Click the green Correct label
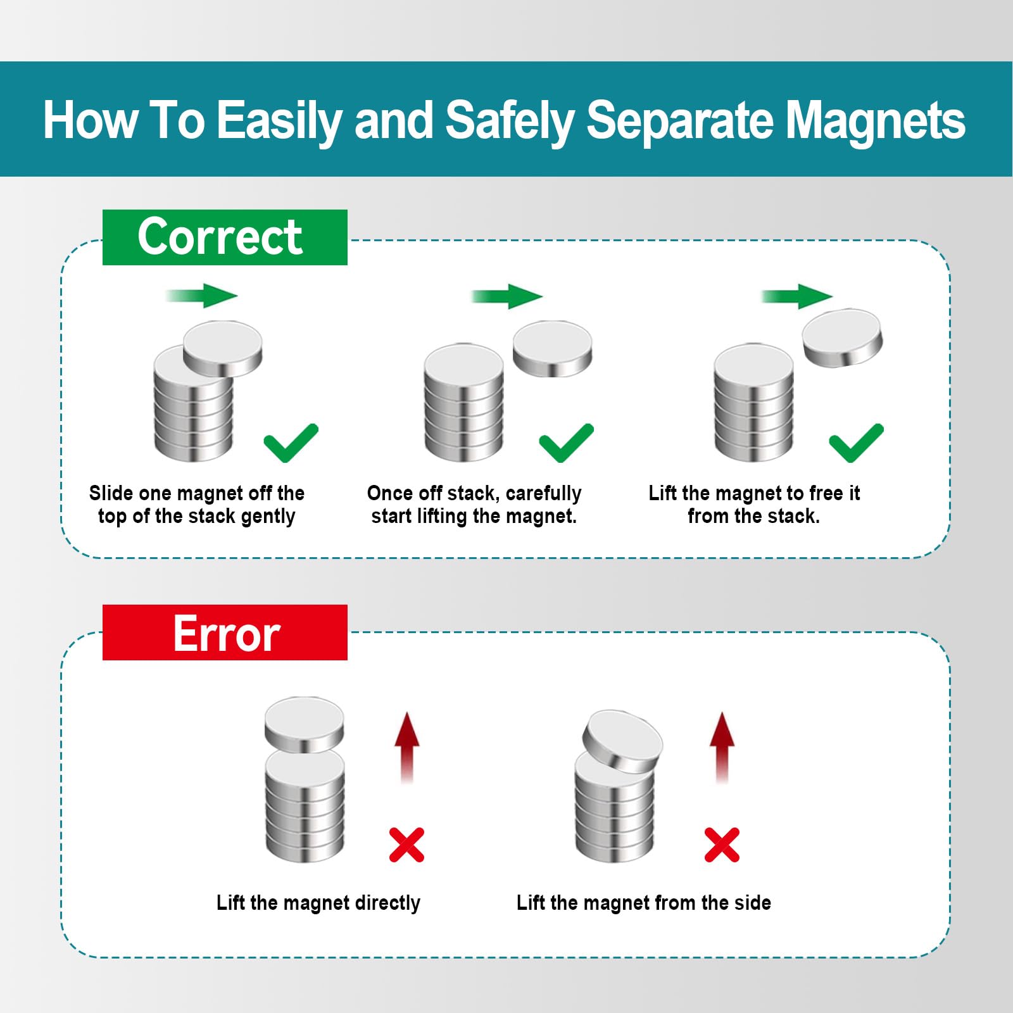pos(225,237)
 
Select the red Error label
pos(225,632)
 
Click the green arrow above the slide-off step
pos(201,296)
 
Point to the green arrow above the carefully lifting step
pos(507,296)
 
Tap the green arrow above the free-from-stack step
pos(796,296)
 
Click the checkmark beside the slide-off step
pos(291,443)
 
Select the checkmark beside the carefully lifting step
pos(566,443)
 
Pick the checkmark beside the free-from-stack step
pos(856,443)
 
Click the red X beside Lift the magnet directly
pos(406,845)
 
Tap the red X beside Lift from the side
pos(722,845)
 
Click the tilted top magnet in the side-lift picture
pos(622,741)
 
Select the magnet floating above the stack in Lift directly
pos(305,724)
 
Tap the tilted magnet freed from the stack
pos(842,337)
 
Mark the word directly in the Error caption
pos(387,903)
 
